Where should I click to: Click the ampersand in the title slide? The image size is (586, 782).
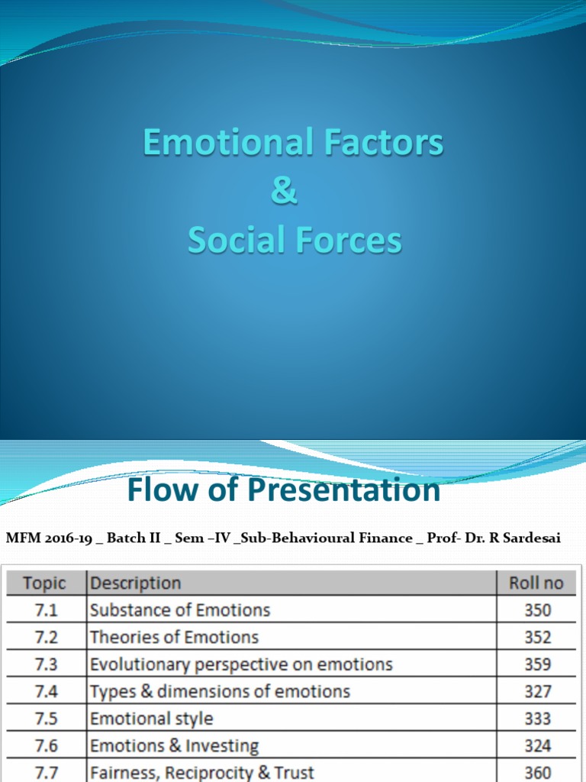(x=285, y=192)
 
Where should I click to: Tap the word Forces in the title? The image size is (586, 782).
(x=351, y=240)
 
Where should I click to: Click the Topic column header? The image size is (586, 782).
(x=44, y=583)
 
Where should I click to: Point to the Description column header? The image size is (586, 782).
(x=136, y=583)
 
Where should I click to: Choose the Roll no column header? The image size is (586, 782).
(x=536, y=583)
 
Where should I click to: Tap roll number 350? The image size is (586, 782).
(x=537, y=610)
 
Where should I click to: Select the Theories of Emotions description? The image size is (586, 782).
(x=174, y=637)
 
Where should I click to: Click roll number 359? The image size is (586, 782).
(x=537, y=664)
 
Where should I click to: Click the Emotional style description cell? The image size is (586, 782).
(x=152, y=719)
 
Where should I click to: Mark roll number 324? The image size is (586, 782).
(x=537, y=746)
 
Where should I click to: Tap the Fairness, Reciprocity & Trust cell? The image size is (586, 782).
(x=202, y=773)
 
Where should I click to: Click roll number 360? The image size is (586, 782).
(x=537, y=773)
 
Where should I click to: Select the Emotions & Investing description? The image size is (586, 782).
(x=174, y=746)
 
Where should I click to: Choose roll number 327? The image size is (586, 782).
(x=537, y=692)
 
